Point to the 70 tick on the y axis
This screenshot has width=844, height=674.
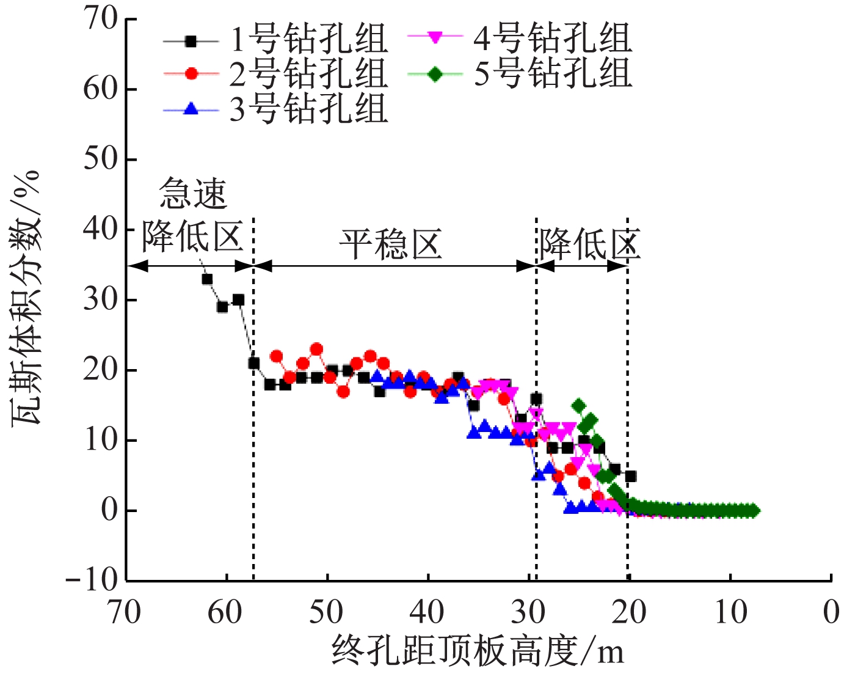(101, 19)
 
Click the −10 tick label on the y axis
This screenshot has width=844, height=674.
(92, 580)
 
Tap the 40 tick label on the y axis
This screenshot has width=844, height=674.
(101, 229)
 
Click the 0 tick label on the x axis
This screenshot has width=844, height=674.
(831, 612)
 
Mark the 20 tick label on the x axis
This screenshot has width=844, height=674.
(628, 612)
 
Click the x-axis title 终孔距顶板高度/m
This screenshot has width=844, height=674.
(478, 651)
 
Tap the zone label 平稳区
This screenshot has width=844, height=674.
(391, 245)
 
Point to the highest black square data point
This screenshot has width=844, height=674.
(207, 279)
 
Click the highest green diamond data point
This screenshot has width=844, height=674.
(578, 406)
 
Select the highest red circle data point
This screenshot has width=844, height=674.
(316, 350)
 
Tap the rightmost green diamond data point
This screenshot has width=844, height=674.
(754, 511)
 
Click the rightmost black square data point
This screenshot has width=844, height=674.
(631, 476)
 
